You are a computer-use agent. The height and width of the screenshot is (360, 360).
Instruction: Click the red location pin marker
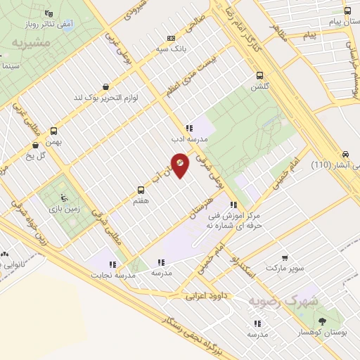pyautogui.click(x=180, y=164)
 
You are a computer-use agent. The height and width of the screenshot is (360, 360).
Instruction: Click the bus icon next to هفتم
pyautogui.click(x=141, y=190)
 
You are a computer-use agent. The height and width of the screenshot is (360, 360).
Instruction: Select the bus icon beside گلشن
pyautogui.click(x=259, y=75)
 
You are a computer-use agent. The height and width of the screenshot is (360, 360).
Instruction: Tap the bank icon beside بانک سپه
pyautogui.click(x=171, y=38)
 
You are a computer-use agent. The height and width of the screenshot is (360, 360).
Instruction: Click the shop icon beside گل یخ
pyautogui.click(x=35, y=146)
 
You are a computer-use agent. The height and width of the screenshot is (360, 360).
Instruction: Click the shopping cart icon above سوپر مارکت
pyautogui.click(x=285, y=258)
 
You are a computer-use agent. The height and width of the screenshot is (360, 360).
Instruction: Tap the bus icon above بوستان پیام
pyautogui.click(x=347, y=11)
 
